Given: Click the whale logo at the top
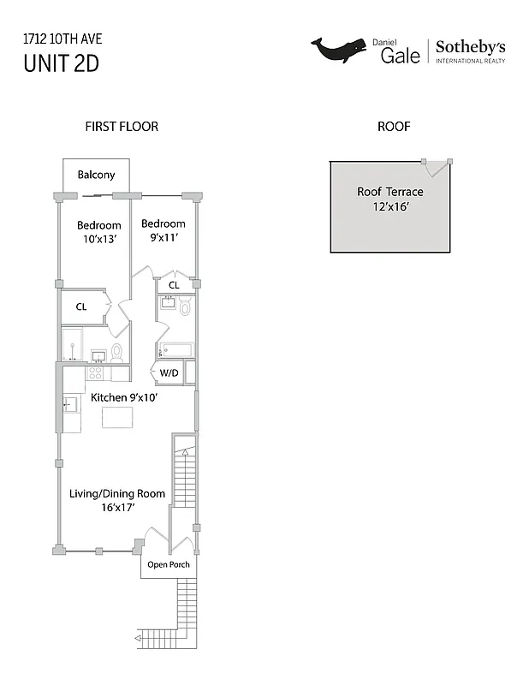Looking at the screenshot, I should click(338, 51).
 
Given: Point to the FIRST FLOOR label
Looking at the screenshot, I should click(122, 127).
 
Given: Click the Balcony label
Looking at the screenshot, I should click(96, 175).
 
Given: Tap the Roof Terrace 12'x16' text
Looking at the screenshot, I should click(390, 200).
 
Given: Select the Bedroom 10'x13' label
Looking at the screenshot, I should click(99, 231).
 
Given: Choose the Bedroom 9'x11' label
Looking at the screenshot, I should click(163, 230).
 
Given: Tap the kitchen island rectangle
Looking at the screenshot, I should click(120, 417).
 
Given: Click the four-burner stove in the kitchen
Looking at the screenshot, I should click(96, 373).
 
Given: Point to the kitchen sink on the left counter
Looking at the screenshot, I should click(70, 403).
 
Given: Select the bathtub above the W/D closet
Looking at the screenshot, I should click(175, 350).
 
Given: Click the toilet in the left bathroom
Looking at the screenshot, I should click(117, 353).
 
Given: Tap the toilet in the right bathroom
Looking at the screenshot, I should click(185, 307).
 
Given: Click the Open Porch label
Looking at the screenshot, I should click(168, 565).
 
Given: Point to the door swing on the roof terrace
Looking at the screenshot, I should click(439, 167).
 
